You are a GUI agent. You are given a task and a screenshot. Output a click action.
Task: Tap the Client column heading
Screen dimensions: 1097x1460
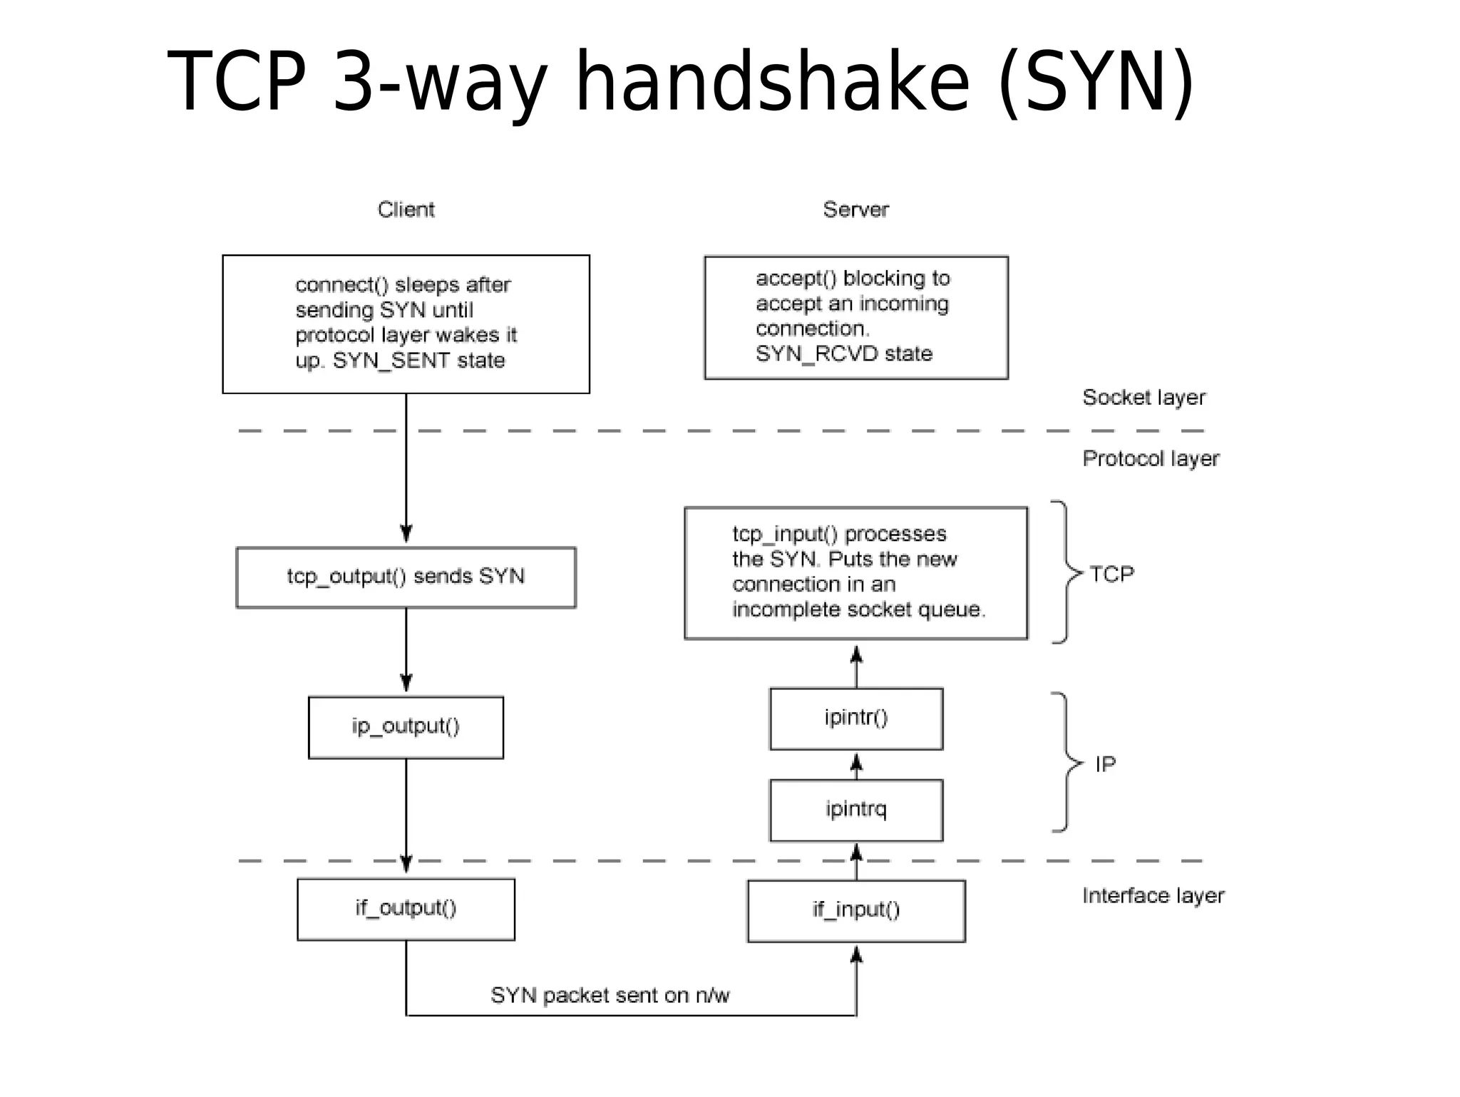406,210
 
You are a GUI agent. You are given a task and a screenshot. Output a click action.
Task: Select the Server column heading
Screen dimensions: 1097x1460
855,210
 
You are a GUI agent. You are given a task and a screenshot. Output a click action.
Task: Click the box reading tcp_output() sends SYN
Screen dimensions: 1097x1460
406,577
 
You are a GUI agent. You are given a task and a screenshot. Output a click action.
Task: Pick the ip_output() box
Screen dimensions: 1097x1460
406,727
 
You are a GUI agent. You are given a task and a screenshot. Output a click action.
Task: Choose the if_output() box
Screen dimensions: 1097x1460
406,909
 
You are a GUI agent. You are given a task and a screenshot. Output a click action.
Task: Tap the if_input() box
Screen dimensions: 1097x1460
856,911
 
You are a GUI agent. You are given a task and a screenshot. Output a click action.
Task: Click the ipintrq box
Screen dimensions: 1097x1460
856,810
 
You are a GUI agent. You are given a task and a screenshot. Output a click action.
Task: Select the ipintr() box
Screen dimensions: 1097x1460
856,719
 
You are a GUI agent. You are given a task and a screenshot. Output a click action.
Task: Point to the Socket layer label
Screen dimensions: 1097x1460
1143,398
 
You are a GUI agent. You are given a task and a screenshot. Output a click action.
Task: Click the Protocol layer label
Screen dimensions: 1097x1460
1151,458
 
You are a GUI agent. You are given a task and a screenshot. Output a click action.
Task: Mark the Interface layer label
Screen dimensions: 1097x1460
1153,896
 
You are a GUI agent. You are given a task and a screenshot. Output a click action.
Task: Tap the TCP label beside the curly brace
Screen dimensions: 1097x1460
1111,574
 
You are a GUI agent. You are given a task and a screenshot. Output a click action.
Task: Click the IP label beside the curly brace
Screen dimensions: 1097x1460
1105,764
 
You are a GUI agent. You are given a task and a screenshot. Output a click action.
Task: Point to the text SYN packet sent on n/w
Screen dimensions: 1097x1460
610,995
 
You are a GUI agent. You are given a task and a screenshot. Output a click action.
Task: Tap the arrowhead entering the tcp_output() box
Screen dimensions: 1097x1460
406,535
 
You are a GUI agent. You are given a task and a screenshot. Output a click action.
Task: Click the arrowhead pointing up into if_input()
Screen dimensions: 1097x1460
857,955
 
